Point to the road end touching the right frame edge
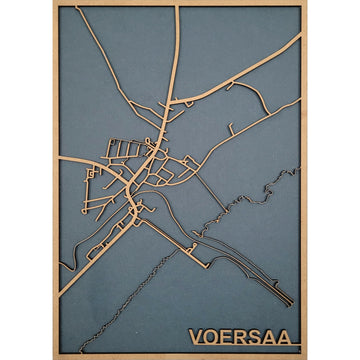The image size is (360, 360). coord(301,41)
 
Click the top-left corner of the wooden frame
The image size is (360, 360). coord(54,3)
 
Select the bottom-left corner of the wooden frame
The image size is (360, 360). coord(54,357)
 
